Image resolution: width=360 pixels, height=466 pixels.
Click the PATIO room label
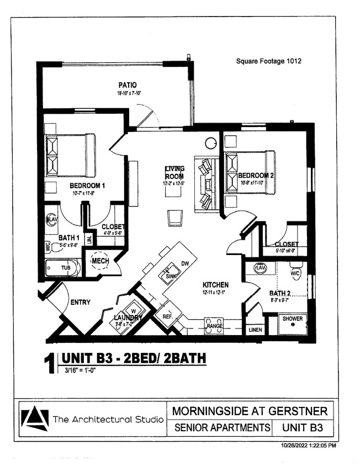click(x=127, y=85)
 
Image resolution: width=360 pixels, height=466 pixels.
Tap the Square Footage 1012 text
click(x=268, y=61)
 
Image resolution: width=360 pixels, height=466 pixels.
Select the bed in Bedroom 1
click(x=70, y=155)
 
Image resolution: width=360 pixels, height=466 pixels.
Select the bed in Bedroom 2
click(x=250, y=172)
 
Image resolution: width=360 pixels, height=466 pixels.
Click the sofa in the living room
click(x=205, y=184)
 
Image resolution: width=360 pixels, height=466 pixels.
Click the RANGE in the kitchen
click(x=214, y=326)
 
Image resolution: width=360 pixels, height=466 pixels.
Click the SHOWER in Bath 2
click(x=292, y=324)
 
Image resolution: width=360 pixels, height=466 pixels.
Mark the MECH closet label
click(x=100, y=261)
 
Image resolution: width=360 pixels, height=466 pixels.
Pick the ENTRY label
click(x=80, y=302)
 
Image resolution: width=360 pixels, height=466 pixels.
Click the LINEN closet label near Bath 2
click(x=255, y=330)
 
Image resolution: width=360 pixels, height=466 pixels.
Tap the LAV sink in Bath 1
click(x=51, y=220)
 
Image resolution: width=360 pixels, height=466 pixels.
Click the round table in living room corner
click(x=210, y=144)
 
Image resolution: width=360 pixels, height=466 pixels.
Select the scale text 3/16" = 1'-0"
click(x=77, y=370)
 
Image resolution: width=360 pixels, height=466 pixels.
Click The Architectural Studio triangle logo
click(x=34, y=418)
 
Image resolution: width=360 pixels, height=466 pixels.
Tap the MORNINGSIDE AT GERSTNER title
click(x=250, y=411)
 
